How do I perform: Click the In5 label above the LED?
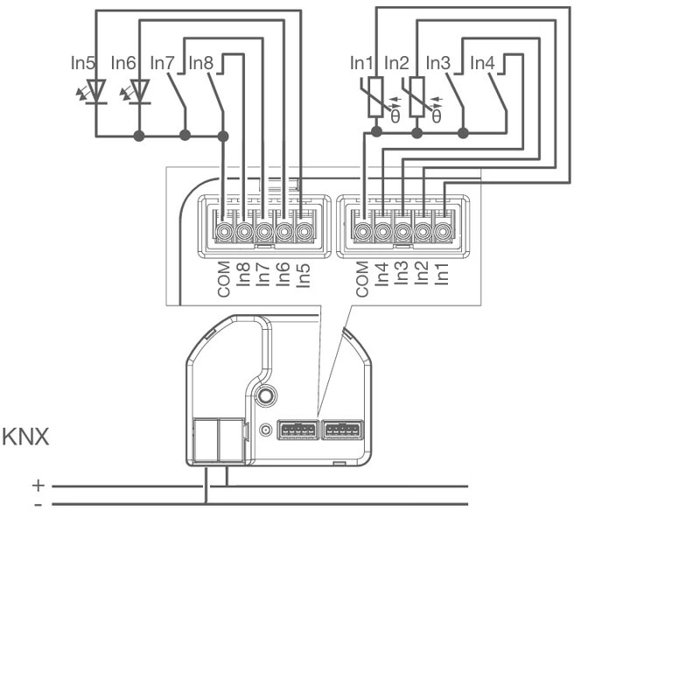click(x=83, y=64)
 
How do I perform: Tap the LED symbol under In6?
click(x=140, y=91)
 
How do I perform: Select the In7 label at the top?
click(x=163, y=64)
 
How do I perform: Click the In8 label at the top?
click(x=200, y=64)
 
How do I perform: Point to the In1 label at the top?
click(x=361, y=64)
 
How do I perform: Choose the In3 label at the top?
click(x=438, y=64)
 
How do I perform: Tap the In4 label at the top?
click(x=482, y=64)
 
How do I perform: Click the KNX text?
click(x=26, y=437)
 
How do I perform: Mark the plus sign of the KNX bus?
click(x=38, y=485)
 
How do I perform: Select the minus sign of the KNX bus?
click(x=38, y=505)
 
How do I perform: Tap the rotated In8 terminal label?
click(x=244, y=274)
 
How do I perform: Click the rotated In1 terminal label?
click(x=443, y=272)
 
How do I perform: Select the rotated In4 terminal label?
click(x=382, y=272)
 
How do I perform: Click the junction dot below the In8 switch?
click(x=223, y=136)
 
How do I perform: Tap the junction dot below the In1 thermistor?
click(x=376, y=132)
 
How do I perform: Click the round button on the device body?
click(x=264, y=397)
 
